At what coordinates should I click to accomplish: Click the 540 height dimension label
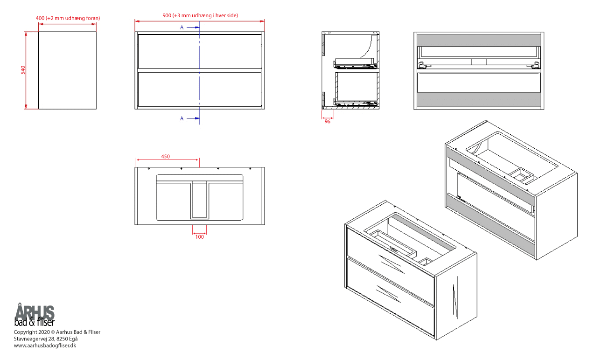23,70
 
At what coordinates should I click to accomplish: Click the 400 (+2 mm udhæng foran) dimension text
68,18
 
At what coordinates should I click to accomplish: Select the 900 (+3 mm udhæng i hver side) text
200,15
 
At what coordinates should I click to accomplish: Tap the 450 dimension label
166,157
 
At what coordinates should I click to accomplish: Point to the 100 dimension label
200,237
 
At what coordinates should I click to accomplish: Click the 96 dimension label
328,122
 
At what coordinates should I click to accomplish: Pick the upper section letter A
182,28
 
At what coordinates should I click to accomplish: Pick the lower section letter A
182,118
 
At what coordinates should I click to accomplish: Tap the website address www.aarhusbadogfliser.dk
45,346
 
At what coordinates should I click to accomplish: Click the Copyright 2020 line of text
57,332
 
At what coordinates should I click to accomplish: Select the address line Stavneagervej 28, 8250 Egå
46,339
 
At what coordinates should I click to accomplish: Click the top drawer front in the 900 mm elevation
200,51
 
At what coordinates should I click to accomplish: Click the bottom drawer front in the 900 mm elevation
200,89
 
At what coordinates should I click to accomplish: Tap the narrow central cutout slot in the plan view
200,200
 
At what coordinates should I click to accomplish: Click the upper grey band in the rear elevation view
479,41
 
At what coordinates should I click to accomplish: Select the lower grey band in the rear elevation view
479,99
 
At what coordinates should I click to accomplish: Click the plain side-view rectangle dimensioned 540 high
67,70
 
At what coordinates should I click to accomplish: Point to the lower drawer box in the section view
356,89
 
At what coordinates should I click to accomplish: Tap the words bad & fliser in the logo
35,322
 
